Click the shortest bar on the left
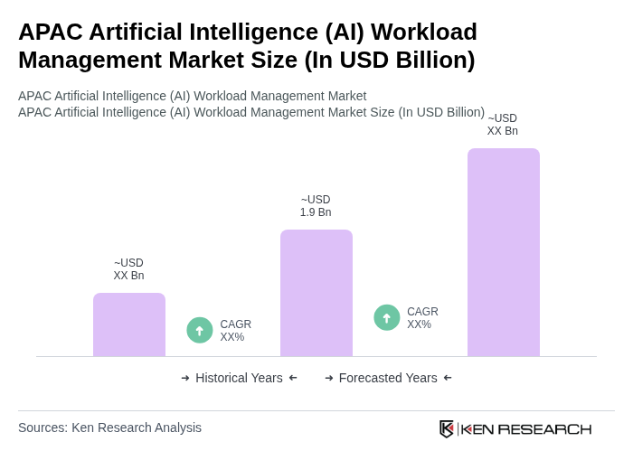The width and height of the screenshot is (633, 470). [129, 324]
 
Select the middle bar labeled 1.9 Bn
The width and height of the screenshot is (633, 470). [316, 293]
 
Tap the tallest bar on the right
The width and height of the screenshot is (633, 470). [504, 252]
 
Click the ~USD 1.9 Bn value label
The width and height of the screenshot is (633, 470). [316, 206]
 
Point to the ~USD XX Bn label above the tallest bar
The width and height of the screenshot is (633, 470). [503, 125]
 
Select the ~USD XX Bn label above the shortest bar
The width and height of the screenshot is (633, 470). [128, 269]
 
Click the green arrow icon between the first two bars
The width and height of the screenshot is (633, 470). [200, 330]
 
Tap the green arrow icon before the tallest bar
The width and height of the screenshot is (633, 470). [387, 317]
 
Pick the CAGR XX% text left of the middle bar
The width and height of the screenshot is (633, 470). [235, 331]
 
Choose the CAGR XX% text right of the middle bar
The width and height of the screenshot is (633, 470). [422, 318]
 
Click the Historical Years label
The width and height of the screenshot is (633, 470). [239, 378]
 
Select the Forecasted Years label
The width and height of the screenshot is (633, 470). [388, 378]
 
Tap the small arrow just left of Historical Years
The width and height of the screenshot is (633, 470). [185, 378]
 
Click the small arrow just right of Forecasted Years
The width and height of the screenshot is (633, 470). [448, 378]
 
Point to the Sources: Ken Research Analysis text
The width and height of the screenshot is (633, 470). [109, 428]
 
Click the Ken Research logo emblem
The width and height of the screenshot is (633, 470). [447, 428]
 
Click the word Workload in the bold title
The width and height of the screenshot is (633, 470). [423, 32]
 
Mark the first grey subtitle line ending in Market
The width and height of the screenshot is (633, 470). [192, 96]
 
